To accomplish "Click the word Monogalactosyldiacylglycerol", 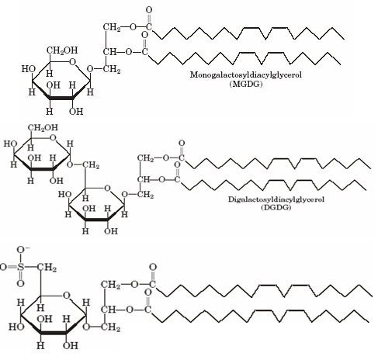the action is click(246, 75).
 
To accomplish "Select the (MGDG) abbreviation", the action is click(246, 84).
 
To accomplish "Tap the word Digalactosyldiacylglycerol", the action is click(276, 199).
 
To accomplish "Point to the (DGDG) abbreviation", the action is click(276, 208).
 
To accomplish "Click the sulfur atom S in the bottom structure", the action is click(21, 267).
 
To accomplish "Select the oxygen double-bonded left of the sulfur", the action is click(3, 267).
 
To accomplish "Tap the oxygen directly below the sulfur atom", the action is click(21, 283).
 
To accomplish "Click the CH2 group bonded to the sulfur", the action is click(47, 268).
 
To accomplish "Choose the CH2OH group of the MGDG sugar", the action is click(62, 50).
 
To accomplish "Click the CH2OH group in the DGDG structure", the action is click(43, 128).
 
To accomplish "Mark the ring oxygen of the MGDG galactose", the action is click(73, 62).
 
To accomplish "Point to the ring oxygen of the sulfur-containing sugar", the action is click(67, 296).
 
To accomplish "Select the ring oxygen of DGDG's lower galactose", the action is click(107, 188).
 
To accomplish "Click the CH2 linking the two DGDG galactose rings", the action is click(91, 165).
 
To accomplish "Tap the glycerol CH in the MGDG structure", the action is click(109, 52).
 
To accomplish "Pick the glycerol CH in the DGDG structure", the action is click(144, 179).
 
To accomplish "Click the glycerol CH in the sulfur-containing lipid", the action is click(108, 310).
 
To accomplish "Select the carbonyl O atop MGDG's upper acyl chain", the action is click(149, 10).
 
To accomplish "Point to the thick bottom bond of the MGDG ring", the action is click(61, 98).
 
